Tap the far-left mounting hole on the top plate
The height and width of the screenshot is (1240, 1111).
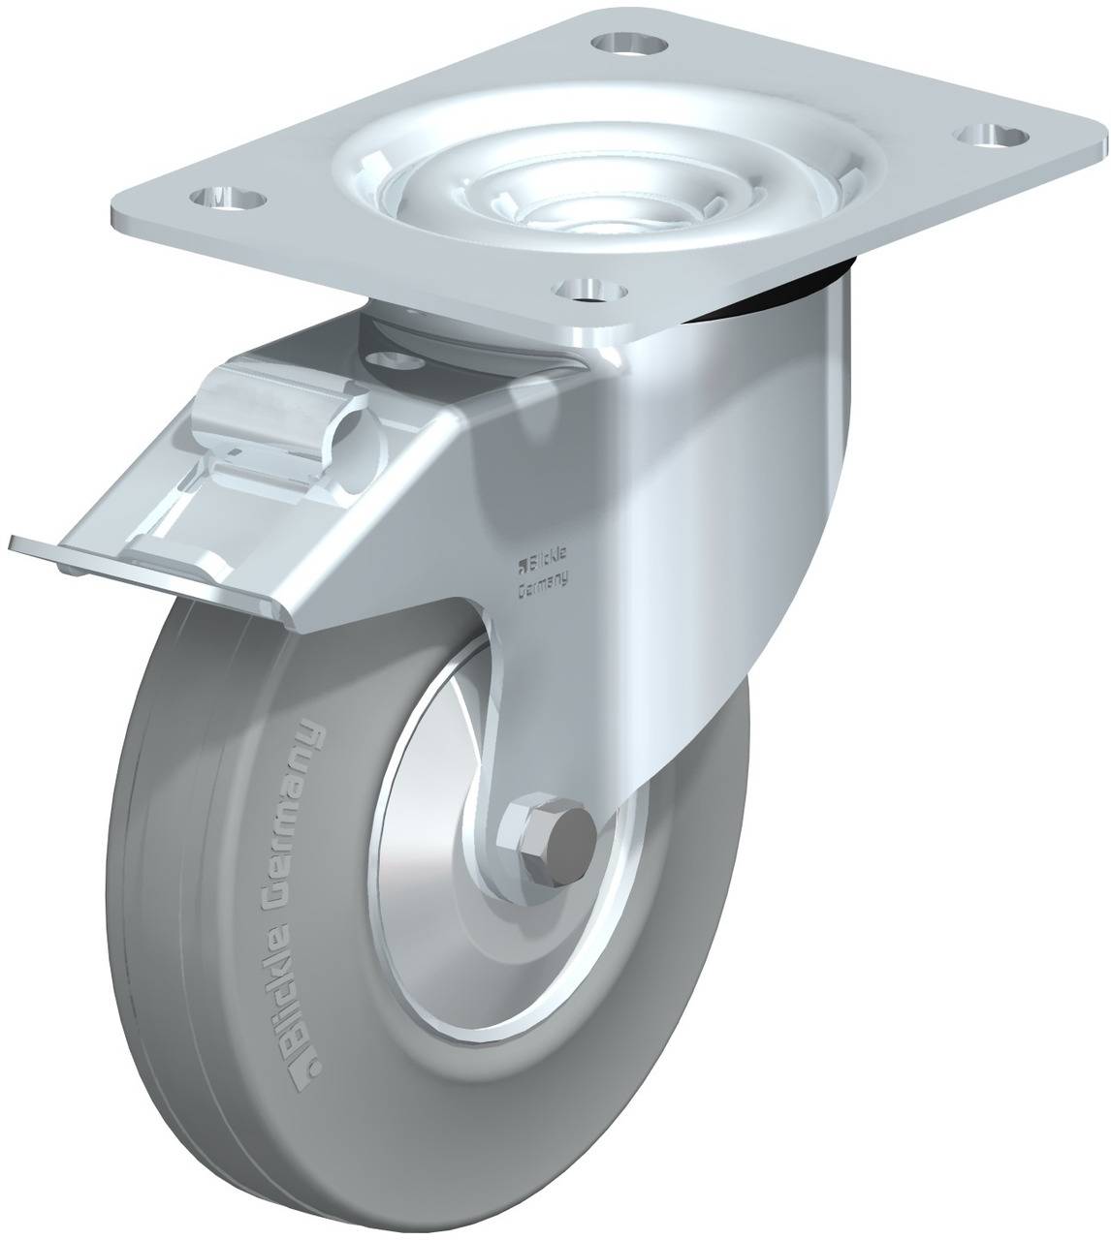[x=229, y=199]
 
